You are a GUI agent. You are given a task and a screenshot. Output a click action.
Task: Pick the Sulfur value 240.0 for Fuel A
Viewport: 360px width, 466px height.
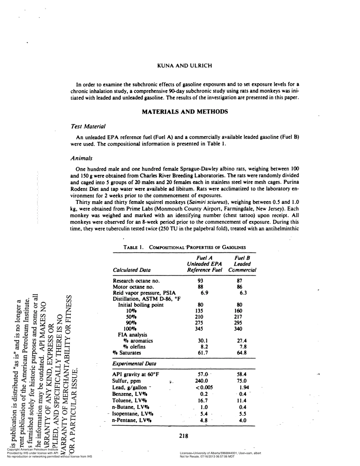(202, 381)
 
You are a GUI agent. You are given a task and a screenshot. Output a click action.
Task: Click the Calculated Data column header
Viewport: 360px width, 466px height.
(131, 270)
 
